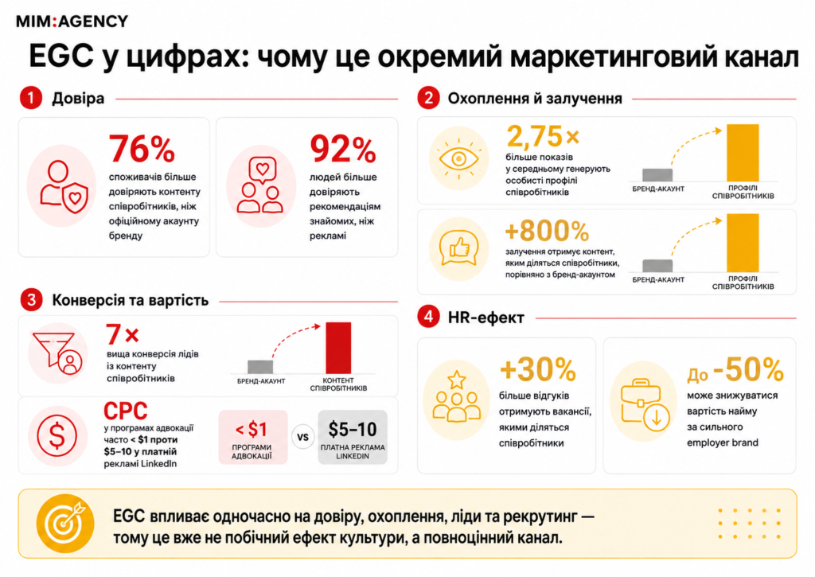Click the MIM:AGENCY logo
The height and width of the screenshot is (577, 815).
tap(72, 21)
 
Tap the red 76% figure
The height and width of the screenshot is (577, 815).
tap(142, 149)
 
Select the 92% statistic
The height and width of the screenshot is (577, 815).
tap(342, 150)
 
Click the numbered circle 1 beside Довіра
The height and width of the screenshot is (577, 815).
tap(31, 98)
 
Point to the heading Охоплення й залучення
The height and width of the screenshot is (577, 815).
tap(535, 98)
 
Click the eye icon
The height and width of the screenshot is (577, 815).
tap(458, 158)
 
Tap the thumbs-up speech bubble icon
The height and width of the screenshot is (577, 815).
tap(459, 249)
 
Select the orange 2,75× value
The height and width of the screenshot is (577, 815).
tap(543, 137)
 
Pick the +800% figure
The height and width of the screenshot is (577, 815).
tap(547, 231)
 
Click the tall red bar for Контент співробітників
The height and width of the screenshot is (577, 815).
tap(338, 348)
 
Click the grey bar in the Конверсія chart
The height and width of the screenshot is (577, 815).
tap(260, 366)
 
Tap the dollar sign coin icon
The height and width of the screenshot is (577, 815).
tap(57, 435)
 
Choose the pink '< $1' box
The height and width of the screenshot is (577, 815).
tap(252, 437)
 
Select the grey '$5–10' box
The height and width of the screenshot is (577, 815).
tap(353, 437)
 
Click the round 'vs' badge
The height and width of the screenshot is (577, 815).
tap(303, 437)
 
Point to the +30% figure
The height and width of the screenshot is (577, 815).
tap(537, 370)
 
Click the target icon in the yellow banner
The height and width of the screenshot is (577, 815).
tap(65, 523)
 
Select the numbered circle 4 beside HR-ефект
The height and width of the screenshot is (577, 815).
tap(428, 317)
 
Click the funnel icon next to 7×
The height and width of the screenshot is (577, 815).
tap(57, 353)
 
